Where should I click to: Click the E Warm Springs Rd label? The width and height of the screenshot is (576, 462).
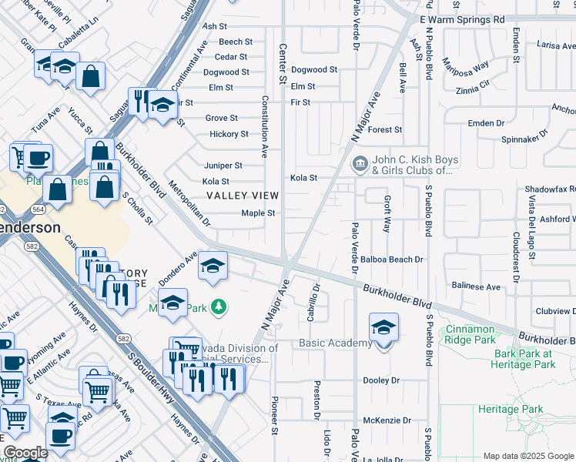click(x=462, y=19)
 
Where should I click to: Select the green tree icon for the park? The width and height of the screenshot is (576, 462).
click(x=219, y=308)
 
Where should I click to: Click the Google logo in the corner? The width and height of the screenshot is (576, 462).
click(x=25, y=453)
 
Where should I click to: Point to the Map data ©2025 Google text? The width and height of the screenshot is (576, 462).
click(x=527, y=456)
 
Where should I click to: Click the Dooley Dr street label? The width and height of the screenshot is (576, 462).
click(x=381, y=380)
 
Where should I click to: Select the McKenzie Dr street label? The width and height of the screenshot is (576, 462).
click(x=382, y=420)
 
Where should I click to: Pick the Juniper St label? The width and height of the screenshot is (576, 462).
click(x=223, y=166)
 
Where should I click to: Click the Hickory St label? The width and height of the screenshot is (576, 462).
click(x=229, y=134)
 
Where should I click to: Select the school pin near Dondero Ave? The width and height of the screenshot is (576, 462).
click(x=213, y=267)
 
